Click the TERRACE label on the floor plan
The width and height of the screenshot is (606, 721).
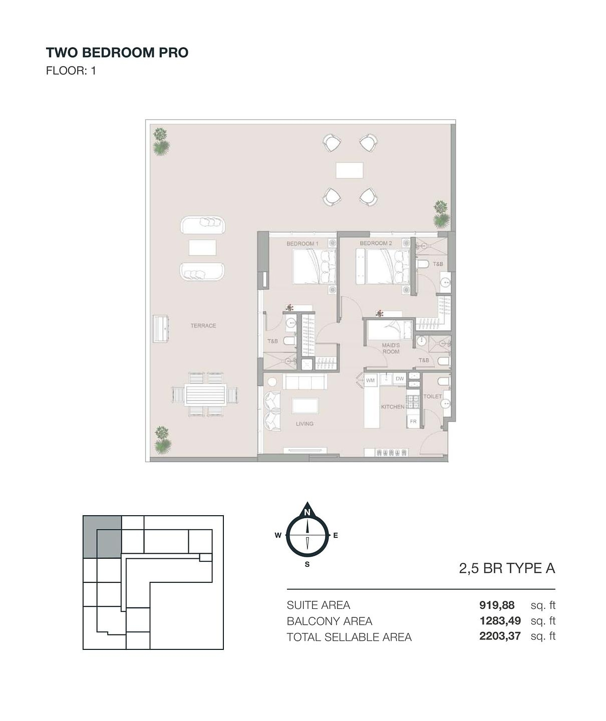pos(203,325)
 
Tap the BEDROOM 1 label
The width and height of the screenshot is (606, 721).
pos(302,243)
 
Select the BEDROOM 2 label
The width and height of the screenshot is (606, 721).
pos(376,243)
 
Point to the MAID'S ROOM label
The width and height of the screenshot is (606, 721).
pos(391,348)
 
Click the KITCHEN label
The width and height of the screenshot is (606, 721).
pos(393,407)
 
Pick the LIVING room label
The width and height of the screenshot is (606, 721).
pos(305,424)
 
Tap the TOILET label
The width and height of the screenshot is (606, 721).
pos(433,396)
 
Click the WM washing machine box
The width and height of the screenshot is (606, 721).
pos(371,380)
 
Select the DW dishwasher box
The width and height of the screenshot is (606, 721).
pos(400,379)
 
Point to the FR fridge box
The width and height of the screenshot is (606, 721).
pos(413,422)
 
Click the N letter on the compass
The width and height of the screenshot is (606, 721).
pos(307,513)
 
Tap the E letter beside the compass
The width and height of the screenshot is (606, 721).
pos(336,536)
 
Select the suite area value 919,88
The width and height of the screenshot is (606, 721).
pos(497,605)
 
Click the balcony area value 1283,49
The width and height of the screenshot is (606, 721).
pos(500,621)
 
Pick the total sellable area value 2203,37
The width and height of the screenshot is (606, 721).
pos(500,636)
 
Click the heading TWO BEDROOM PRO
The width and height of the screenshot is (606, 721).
pos(117,53)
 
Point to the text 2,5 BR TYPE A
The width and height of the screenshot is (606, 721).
pos(507,568)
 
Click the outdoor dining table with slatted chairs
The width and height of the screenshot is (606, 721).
pos(205,395)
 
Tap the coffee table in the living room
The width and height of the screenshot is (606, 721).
pos(305,406)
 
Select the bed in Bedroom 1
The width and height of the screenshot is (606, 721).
pos(314,266)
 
